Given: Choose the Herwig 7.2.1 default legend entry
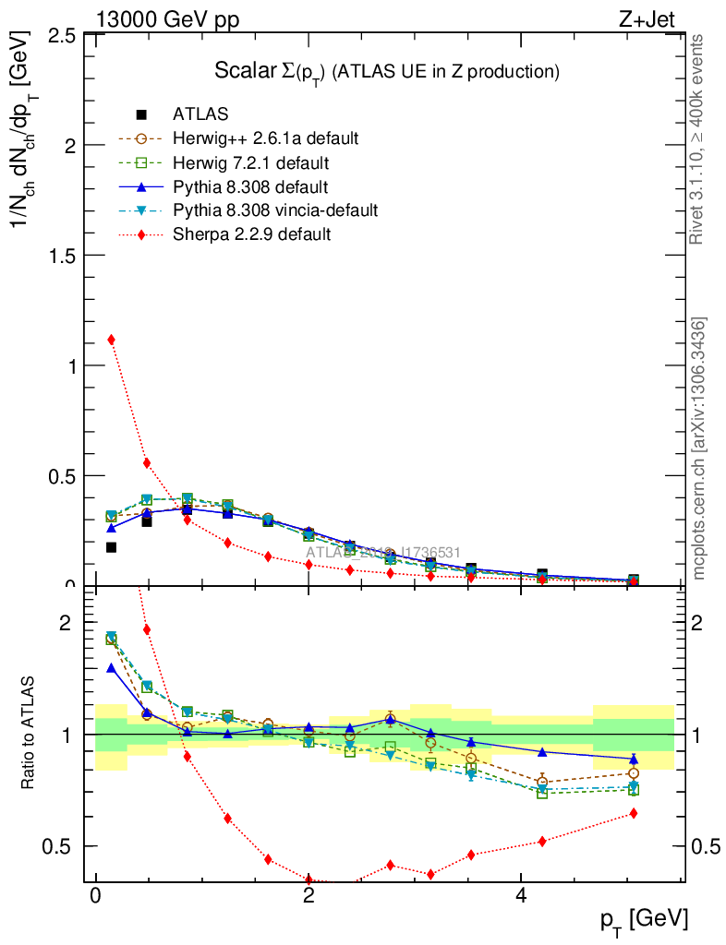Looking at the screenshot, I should click(x=250, y=163).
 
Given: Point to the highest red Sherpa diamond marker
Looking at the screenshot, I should click(x=112, y=340).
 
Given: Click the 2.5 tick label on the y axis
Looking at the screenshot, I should click(x=59, y=35).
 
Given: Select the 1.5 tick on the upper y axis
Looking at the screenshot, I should click(x=59, y=255).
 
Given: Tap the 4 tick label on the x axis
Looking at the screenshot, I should click(x=521, y=897).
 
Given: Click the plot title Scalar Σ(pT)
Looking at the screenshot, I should click(x=388, y=71).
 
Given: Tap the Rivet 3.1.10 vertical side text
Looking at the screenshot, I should click(x=697, y=138).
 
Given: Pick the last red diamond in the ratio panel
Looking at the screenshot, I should click(x=634, y=813).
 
